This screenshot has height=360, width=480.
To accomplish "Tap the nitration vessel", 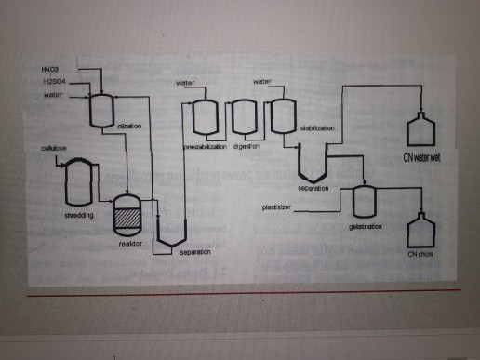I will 100,111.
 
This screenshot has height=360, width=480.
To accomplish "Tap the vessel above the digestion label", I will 244,118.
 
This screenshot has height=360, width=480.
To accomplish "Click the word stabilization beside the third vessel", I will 316,128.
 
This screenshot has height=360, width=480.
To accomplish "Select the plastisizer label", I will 278,208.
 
